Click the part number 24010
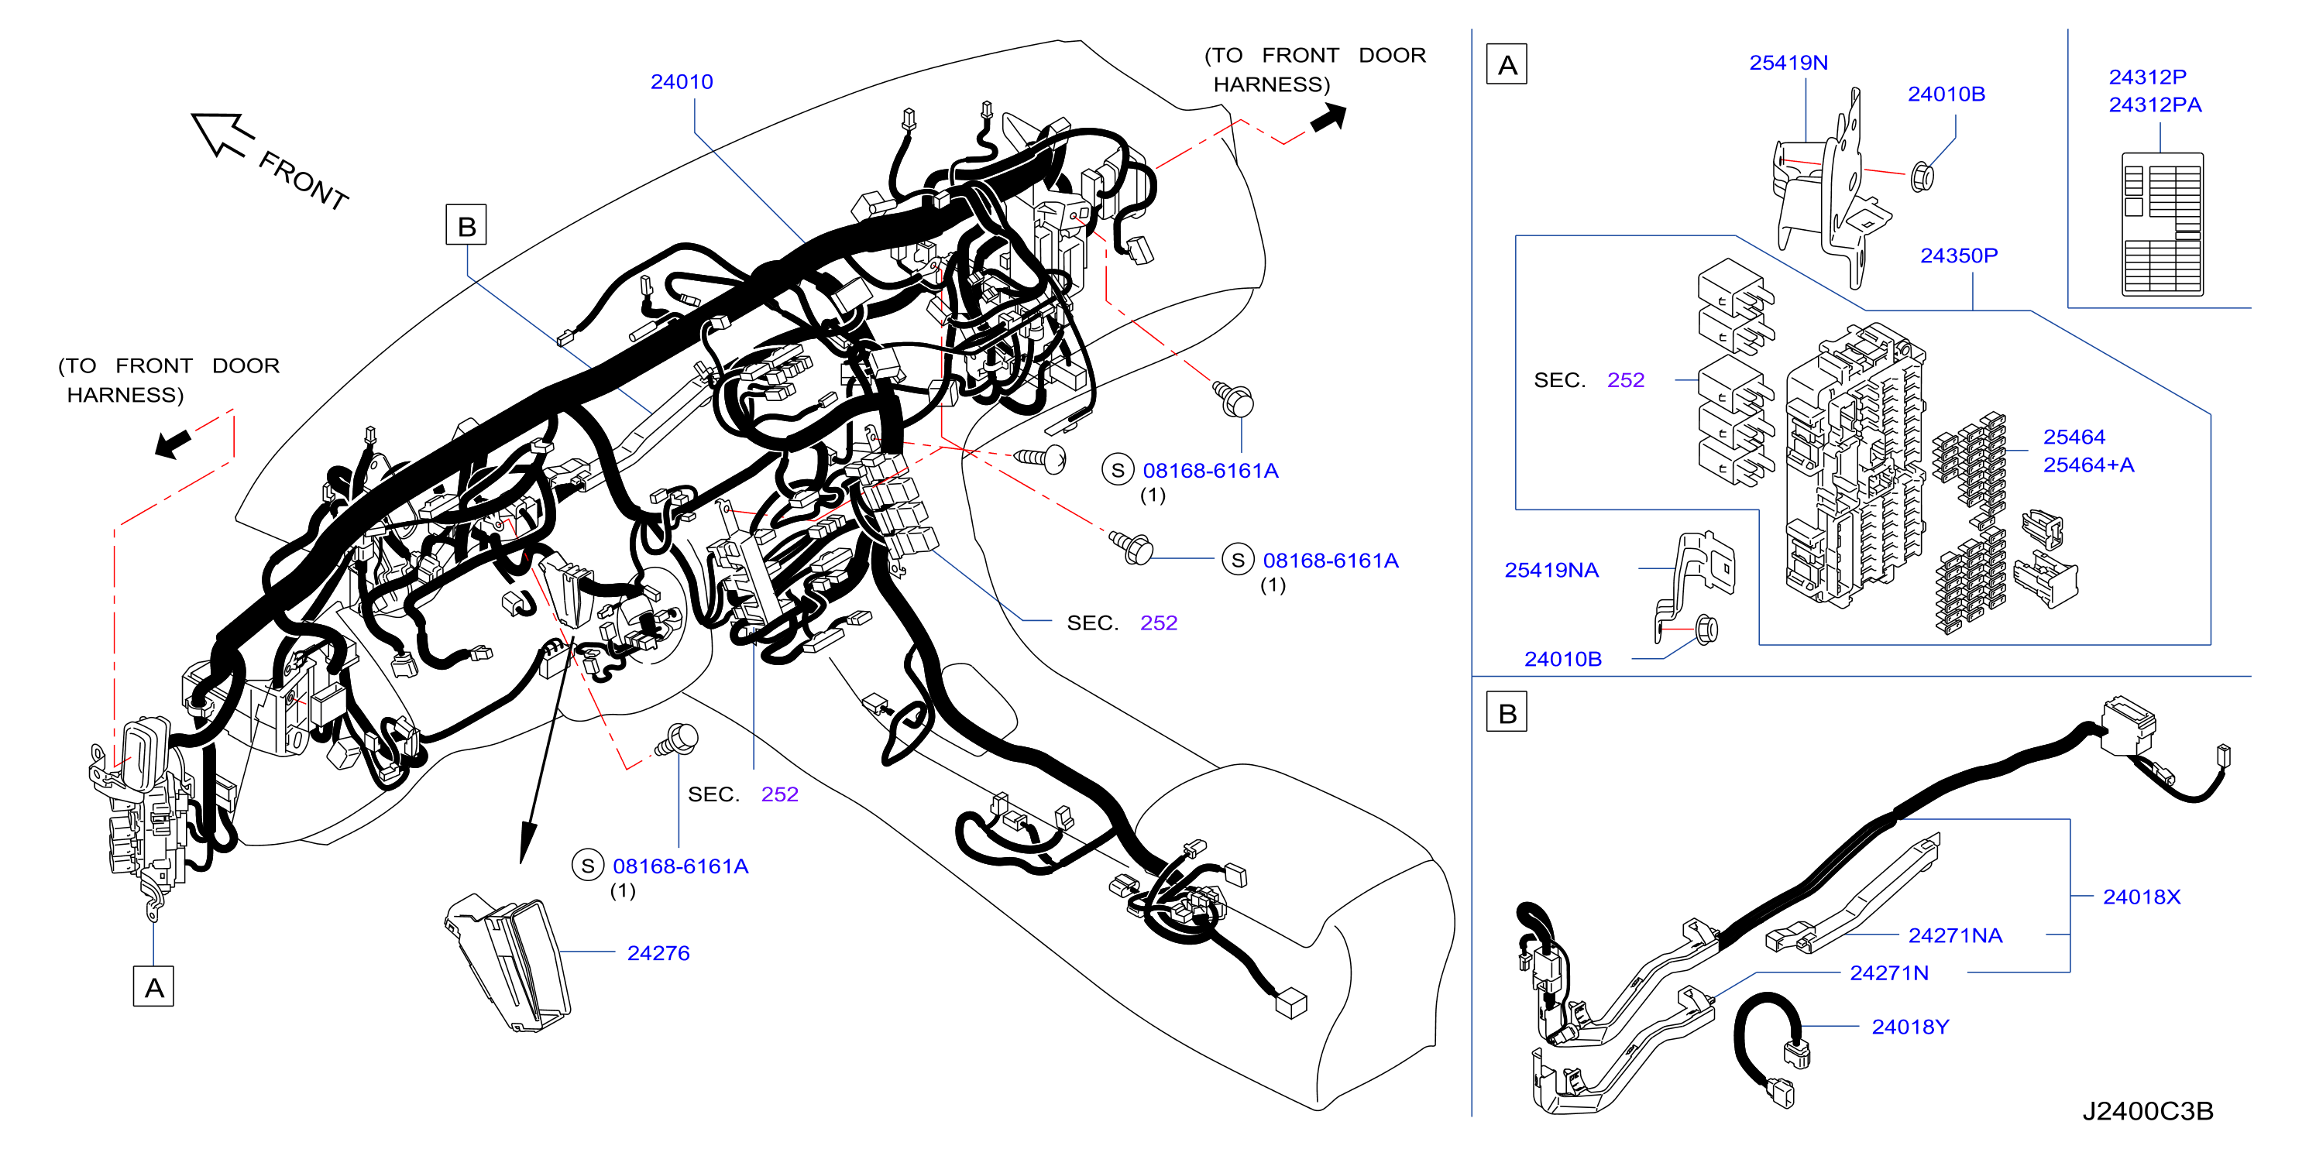pyautogui.click(x=681, y=81)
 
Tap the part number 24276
pyautogui.click(x=658, y=952)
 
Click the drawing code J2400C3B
pyautogui.click(x=2147, y=1111)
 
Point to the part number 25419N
pyautogui.click(x=1788, y=63)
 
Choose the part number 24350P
pyautogui.click(x=1959, y=256)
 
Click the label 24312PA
pyautogui.click(x=2155, y=105)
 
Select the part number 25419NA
pyautogui.click(x=1551, y=570)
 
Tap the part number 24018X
pyautogui.click(x=2142, y=897)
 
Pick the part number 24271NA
pyautogui.click(x=1955, y=935)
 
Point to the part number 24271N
pyautogui.click(x=1888, y=973)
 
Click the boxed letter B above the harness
pyautogui.click(x=466, y=225)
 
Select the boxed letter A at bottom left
pyautogui.click(x=153, y=986)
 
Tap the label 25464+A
pyautogui.click(x=2088, y=465)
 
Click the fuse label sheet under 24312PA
pyautogui.click(x=2162, y=224)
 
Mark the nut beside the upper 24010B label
pyautogui.click(x=1922, y=177)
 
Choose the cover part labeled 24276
pyautogui.click(x=508, y=962)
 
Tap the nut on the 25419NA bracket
pyautogui.click(x=1706, y=629)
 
